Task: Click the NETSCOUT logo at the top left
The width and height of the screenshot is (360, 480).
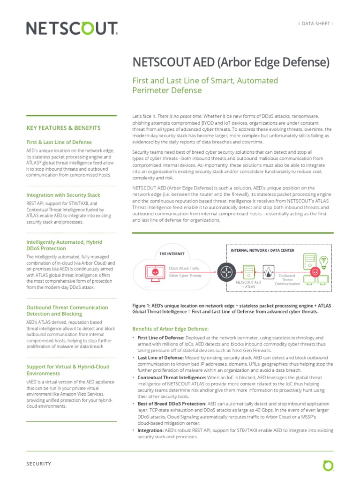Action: [x=72, y=29]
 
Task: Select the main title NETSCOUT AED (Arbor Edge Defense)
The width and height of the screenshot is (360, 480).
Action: [x=231, y=62]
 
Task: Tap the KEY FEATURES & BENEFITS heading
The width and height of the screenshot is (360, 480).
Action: [x=63, y=127]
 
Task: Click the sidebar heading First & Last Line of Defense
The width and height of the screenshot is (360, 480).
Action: [x=59, y=142]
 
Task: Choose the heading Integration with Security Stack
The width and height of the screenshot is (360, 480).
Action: [x=63, y=195]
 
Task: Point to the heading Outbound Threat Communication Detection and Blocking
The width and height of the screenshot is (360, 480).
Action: [x=67, y=311]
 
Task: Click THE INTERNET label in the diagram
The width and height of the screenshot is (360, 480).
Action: [x=172, y=254]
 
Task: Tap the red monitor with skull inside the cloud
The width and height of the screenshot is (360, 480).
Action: [x=153, y=271]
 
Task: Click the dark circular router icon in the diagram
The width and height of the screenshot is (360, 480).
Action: [x=226, y=271]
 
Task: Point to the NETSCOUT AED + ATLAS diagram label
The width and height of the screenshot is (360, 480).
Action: [x=248, y=285]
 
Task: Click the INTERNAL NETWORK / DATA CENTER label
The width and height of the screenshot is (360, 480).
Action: [x=262, y=250]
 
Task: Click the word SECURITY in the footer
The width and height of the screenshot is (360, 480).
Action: [x=38, y=464]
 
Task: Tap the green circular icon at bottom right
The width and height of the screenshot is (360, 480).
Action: [x=328, y=465]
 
